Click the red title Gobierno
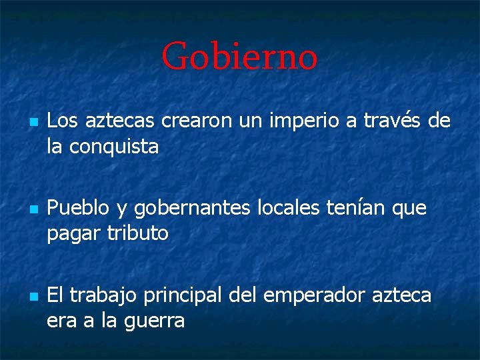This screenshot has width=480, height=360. [239, 56]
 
